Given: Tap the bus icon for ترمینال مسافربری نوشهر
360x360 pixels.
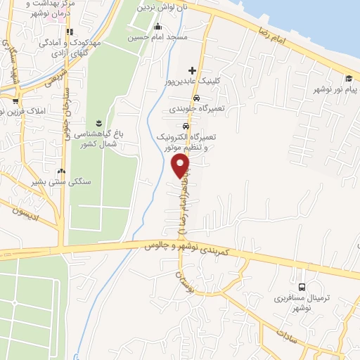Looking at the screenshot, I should coord(302,287).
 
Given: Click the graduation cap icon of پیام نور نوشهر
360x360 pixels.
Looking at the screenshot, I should coord(349,77).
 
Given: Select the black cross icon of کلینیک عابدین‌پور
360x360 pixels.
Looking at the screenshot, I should coord(192,70).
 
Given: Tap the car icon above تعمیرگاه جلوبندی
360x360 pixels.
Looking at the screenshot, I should coord(197,97).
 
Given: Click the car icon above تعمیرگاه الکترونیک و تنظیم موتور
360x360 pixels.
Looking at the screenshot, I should coord(186,126).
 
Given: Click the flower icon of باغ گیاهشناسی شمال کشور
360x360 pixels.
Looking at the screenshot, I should coord(98,122).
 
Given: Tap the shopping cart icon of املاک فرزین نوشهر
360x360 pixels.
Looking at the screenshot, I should coord(15,101).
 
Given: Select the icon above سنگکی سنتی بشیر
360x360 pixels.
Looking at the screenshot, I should coord(61,171).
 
